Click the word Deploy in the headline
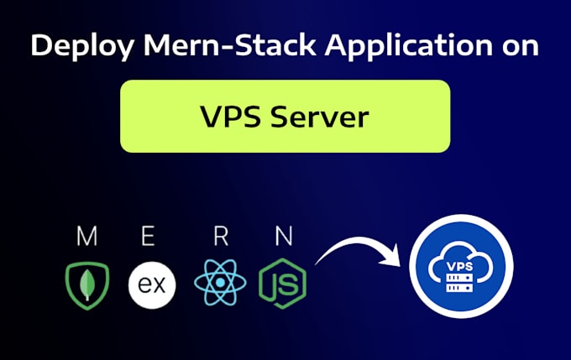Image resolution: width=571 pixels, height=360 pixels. pos(81,46)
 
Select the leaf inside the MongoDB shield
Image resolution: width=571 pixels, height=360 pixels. pos(86,286)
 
